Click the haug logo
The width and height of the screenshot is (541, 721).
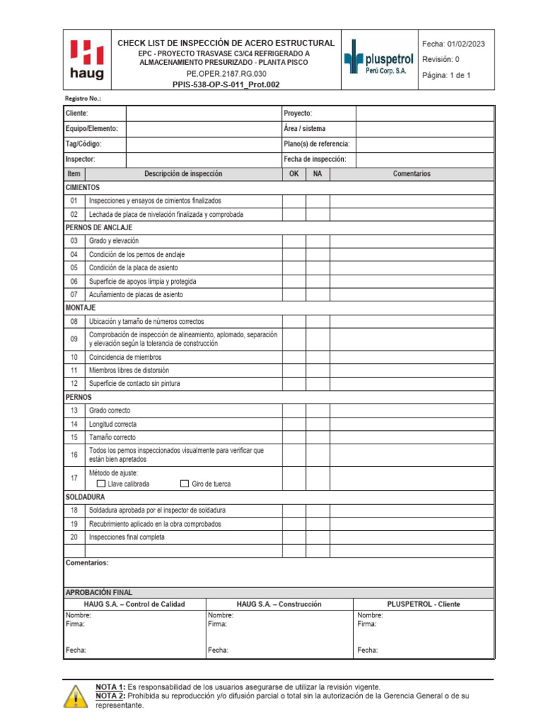(x=87, y=59)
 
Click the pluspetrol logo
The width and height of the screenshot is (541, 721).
(x=380, y=60)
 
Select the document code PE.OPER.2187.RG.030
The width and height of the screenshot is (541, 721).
(x=226, y=73)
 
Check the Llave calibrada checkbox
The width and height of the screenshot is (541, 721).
(x=101, y=484)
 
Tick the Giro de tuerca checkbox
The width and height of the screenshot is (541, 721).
(x=185, y=484)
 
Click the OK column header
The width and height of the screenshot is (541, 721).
(x=294, y=174)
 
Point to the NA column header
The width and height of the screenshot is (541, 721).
(x=318, y=174)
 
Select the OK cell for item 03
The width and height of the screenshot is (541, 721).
(x=294, y=241)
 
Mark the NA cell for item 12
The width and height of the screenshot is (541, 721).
(x=318, y=384)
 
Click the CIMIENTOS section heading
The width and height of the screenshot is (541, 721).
(x=82, y=188)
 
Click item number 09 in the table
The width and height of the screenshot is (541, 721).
(x=74, y=339)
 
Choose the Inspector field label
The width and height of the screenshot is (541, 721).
(x=80, y=160)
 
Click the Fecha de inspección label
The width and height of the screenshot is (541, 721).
(x=315, y=160)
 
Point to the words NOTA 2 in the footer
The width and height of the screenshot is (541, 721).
(x=111, y=696)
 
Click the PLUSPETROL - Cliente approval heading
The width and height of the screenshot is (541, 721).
(x=424, y=604)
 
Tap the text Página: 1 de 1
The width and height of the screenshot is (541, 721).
(x=447, y=75)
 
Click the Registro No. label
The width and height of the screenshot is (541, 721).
(x=82, y=99)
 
